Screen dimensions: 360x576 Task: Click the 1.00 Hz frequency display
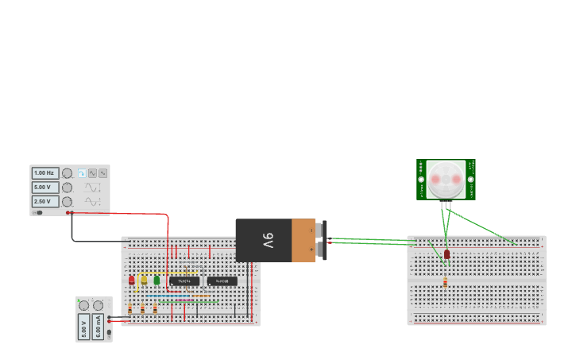pos(44,172)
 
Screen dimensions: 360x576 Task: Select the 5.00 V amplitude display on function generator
pos(44,188)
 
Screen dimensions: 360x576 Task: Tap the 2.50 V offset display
pos(44,202)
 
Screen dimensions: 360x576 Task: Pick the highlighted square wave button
pos(82,172)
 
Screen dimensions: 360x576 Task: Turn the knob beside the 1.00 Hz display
pos(67,172)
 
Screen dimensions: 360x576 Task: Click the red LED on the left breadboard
pos(132,280)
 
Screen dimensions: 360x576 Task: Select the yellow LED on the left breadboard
pos(144,279)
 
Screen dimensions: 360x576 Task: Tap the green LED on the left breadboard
pos(157,280)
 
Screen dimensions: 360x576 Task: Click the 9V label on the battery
pos(268,240)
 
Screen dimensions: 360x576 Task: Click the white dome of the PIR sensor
pos(446,180)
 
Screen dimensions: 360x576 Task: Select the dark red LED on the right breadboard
pos(447,254)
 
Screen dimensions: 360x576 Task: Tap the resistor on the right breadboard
pos(445,281)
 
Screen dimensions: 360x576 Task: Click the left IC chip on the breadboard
pos(184,281)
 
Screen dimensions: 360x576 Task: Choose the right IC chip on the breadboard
pos(222,281)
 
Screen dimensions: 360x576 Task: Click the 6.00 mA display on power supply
pos(99,327)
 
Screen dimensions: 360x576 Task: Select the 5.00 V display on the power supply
pos(84,327)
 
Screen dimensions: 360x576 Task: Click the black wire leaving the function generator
pos(73,230)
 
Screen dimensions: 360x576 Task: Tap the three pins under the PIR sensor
pos(446,205)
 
